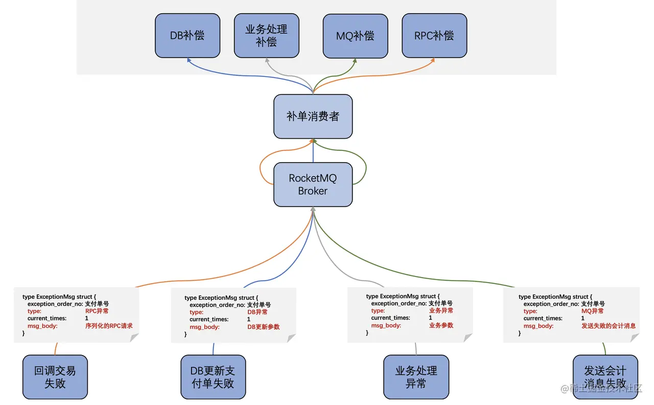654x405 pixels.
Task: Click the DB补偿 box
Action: coord(188,36)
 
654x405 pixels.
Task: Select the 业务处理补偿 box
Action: coord(267,36)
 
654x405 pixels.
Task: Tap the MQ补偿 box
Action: coord(355,36)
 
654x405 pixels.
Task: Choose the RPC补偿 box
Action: coord(434,36)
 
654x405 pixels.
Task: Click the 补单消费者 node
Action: coord(313,116)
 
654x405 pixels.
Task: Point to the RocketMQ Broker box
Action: coord(313,185)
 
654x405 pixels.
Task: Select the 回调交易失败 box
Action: coord(55,377)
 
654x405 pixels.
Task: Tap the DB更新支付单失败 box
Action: coord(213,377)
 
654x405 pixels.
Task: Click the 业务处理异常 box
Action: coord(416,377)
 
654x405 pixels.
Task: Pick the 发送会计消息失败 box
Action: coord(605,377)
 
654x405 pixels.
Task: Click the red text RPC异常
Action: coord(97,311)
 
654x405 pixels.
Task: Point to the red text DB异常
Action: coord(257,312)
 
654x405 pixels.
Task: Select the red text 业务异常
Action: coord(441,310)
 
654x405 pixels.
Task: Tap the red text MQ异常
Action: coord(592,311)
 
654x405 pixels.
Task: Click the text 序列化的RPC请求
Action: coord(109,326)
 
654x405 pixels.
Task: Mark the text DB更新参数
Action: coord(263,327)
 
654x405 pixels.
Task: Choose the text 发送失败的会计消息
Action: coord(609,326)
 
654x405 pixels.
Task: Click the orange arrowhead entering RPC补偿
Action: coord(433,60)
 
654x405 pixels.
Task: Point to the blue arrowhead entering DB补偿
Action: coord(189,60)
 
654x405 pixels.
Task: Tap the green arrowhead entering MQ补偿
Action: coord(355,61)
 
